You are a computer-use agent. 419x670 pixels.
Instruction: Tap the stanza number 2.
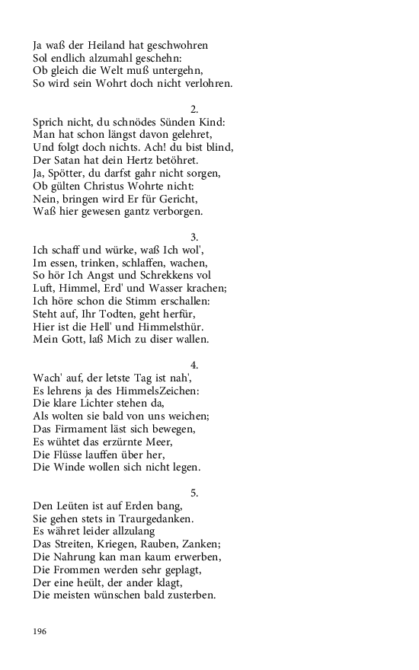pyautogui.click(x=194, y=109)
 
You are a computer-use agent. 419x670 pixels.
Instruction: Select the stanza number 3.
pyautogui.click(x=194, y=236)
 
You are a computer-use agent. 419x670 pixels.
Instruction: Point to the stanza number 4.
pyautogui.click(x=194, y=364)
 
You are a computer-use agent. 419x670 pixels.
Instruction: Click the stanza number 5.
pyautogui.click(x=194, y=492)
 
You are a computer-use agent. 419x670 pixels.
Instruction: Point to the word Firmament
pyautogui.click(x=84, y=429)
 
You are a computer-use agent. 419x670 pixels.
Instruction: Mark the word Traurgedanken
pyautogui.click(x=152, y=518)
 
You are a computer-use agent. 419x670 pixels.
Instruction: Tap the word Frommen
pyautogui.click(x=81, y=569)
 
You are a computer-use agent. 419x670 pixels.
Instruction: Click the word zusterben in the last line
pyautogui.click(x=191, y=595)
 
